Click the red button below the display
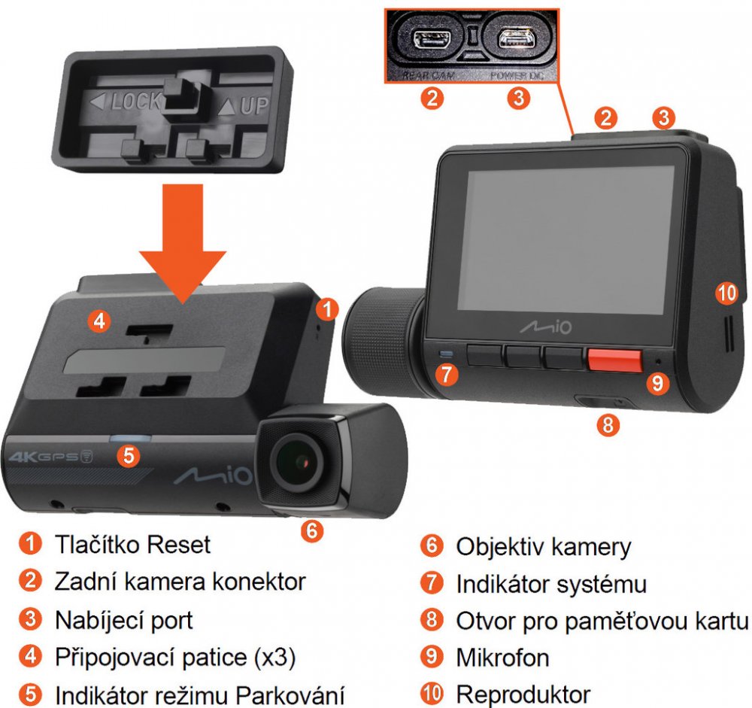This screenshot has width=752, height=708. [615, 361]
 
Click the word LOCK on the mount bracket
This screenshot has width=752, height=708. [137, 102]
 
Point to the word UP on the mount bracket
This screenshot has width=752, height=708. [254, 105]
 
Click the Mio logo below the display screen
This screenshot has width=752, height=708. [546, 327]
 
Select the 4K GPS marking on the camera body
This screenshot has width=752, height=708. [50, 457]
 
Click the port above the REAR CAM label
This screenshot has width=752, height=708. [430, 38]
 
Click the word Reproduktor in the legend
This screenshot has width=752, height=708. [523, 694]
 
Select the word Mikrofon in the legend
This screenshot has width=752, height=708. [502, 657]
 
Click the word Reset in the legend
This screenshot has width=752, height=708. [178, 544]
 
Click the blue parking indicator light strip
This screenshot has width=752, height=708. [130, 438]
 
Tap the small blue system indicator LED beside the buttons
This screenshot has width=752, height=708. [447, 354]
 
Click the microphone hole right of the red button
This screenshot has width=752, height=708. [658, 361]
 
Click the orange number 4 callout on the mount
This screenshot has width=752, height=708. [99, 321]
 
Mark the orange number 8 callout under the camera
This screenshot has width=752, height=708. [608, 425]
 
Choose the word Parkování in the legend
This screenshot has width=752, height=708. [290, 695]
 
